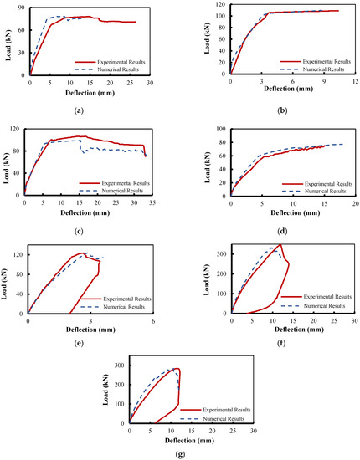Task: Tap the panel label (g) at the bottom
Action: [x=180, y=455]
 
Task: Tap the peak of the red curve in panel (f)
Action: [x=280, y=244]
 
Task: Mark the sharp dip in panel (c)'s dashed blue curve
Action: [x=84, y=153]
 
